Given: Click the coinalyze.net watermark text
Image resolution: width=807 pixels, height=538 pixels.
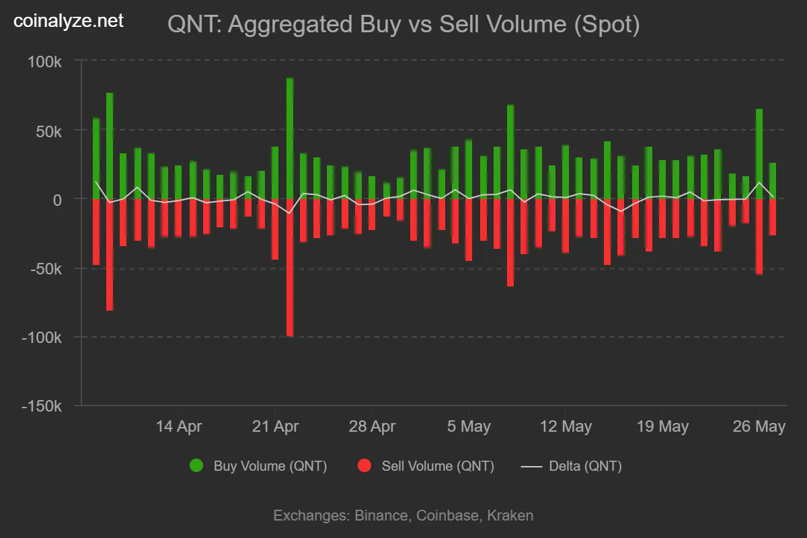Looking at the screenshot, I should coord(69,22).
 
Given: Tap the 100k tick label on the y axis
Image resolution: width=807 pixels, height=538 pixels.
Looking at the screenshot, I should coord(45,62).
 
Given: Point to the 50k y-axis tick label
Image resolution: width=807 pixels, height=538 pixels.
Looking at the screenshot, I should coord(48,130).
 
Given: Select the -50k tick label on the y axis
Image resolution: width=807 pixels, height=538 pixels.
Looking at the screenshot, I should coord(45,268).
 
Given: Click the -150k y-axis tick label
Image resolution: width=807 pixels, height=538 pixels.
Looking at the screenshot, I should coord(42,407).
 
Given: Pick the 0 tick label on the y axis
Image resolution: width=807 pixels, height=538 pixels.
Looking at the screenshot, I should coord(58,200).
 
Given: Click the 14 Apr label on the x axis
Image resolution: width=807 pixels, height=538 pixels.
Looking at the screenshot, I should coord(178,426).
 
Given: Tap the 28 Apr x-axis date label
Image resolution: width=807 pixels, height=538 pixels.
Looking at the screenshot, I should coord(372,426).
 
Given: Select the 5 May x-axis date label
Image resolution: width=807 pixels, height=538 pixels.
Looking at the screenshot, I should coord(468,426).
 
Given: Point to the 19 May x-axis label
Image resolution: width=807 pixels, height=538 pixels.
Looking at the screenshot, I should coord(662,426).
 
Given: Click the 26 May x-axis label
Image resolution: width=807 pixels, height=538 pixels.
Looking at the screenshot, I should coord(759,426).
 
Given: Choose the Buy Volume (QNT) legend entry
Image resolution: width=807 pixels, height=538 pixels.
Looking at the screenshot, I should coord(270,466).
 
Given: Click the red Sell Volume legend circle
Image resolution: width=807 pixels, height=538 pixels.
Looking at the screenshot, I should coord(364,465).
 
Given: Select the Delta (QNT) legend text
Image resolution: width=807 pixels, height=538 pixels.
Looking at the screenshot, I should coord(585,466).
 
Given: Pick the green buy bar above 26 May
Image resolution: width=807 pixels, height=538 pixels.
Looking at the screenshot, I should coord(759,154).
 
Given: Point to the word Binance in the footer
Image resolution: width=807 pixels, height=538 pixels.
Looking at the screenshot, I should coord(381,516).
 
